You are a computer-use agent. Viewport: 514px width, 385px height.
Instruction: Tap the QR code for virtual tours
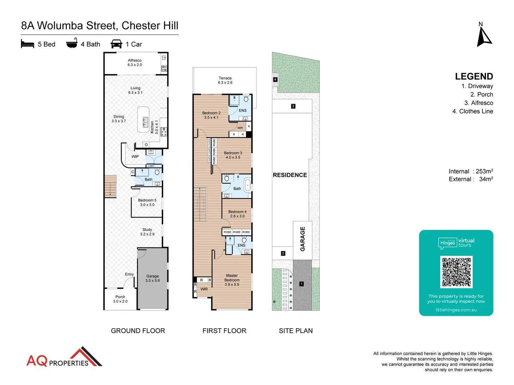pyautogui.click(x=456, y=272)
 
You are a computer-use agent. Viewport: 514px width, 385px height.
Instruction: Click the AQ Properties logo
pyautogui.click(x=64, y=358)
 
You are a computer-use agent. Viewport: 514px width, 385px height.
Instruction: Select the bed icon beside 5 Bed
pyautogui.click(x=27, y=44)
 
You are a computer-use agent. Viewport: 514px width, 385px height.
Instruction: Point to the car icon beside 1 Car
pyautogui.click(x=116, y=44)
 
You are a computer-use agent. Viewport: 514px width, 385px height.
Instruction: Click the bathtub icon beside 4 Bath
pyautogui.click(x=72, y=43)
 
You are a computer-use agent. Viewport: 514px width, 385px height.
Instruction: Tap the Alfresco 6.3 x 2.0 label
pyautogui.click(x=135, y=63)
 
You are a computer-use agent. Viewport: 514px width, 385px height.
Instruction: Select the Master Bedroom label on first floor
pyautogui.click(x=232, y=280)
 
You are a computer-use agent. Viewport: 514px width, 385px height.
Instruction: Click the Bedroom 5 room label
pyautogui.click(x=147, y=202)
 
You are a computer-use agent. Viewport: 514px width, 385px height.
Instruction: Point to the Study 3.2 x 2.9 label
pyautogui.click(x=147, y=232)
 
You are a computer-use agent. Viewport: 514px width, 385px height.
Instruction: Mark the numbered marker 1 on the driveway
pyautogui.click(x=302, y=284)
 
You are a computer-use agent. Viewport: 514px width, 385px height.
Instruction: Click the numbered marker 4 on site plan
pyautogui.click(x=275, y=79)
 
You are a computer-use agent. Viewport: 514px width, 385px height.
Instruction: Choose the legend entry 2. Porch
pyautogui.click(x=482, y=94)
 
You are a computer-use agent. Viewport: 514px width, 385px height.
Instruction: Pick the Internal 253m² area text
pyautogui.click(x=470, y=171)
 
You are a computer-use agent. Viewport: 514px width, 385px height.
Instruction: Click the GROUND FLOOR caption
pyautogui.click(x=138, y=331)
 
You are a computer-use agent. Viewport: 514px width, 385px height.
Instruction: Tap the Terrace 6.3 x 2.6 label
pyautogui.click(x=225, y=80)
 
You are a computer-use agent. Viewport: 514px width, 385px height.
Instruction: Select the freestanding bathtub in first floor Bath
pyautogui.click(x=247, y=185)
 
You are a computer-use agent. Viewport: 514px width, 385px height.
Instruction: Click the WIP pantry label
pyautogui.click(x=135, y=156)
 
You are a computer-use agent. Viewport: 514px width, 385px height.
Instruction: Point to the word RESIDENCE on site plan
pyautogui.click(x=290, y=175)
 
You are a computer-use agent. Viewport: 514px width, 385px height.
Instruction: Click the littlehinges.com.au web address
pyautogui.click(x=456, y=310)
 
